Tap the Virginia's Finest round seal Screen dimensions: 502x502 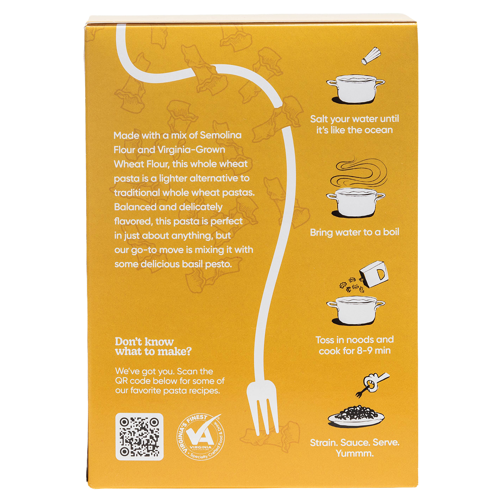click(x=200, y=437)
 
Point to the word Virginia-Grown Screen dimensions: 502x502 click(x=191, y=150)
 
